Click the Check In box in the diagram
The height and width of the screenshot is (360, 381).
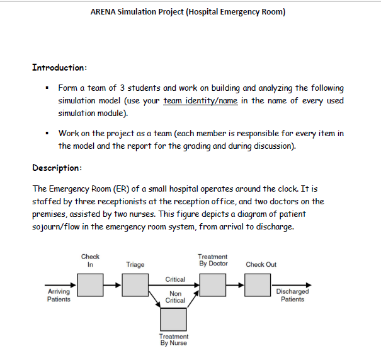pyautogui.click(x=91, y=286)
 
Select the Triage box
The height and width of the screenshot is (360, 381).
pyautogui.click(x=135, y=286)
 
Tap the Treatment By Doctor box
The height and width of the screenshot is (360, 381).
pyautogui.click(x=212, y=286)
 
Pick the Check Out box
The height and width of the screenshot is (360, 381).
pyautogui.click(x=258, y=286)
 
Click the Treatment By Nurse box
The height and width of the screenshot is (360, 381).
pyautogui.click(x=173, y=320)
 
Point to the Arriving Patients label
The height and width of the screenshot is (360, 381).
pyautogui.click(x=59, y=295)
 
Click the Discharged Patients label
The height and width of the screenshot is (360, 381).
pyautogui.click(x=292, y=295)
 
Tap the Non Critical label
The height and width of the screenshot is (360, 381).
pyautogui.click(x=175, y=297)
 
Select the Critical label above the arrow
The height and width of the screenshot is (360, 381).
pyautogui.click(x=175, y=279)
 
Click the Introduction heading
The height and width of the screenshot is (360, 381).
pyautogui.click(x=59, y=67)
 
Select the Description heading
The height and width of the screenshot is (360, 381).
pyautogui.click(x=57, y=168)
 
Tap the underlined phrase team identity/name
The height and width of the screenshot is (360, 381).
pyautogui.click(x=200, y=101)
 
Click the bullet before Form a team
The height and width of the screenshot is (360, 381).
pyautogui.click(x=47, y=88)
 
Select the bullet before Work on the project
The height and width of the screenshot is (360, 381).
pyautogui.click(x=47, y=134)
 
